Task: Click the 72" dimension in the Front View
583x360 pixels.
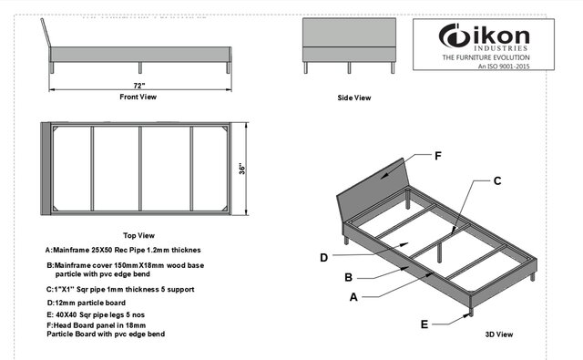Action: coord(139,86)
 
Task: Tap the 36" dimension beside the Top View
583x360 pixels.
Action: coord(242,169)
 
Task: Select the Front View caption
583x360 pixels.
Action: coord(138,97)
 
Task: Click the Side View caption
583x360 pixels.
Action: coord(354,98)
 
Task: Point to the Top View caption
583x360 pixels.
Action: coord(138,235)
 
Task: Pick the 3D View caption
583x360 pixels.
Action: coord(499,334)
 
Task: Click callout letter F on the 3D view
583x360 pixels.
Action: coord(438,156)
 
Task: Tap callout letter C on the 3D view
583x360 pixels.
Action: coord(497,181)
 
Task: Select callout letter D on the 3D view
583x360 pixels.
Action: coord(324,258)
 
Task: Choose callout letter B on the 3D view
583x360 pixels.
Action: coord(348,277)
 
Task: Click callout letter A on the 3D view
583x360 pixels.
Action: coord(353,297)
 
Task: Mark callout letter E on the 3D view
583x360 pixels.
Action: coord(424,324)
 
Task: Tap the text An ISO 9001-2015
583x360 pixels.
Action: coord(504,67)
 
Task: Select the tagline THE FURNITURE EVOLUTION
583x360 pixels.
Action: coord(486,57)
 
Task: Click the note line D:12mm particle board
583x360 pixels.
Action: coord(86,303)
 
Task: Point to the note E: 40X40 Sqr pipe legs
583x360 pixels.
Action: coord(96,315)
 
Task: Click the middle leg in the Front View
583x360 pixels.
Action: coord(140,67)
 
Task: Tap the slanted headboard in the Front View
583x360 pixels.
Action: coord(46,33)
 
